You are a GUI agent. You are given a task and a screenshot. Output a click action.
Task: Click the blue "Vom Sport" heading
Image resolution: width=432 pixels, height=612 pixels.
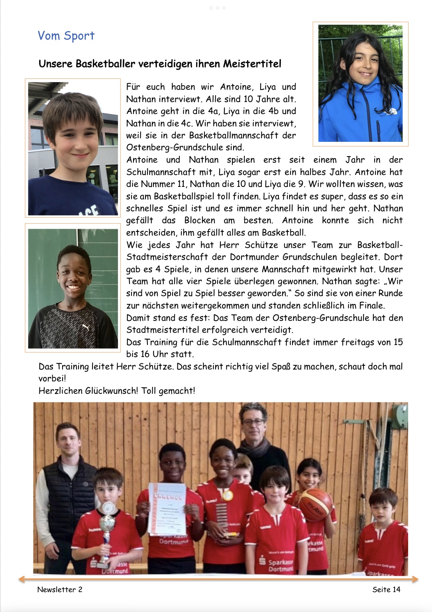[66, 36]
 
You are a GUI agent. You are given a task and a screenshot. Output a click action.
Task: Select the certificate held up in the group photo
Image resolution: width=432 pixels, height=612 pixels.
[167, 508]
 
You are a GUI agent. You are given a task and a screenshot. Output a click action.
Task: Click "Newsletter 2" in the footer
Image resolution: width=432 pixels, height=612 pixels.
[60, 589]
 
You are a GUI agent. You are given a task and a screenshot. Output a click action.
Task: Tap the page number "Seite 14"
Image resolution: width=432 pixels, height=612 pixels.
[386, 589]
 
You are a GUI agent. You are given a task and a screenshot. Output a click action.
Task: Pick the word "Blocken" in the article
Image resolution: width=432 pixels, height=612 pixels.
[200, 220]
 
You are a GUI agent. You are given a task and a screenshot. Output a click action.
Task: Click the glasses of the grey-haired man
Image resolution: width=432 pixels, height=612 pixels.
[252, 421]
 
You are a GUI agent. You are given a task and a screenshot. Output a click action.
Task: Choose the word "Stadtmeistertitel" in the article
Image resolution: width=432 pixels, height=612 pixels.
[163, 330]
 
